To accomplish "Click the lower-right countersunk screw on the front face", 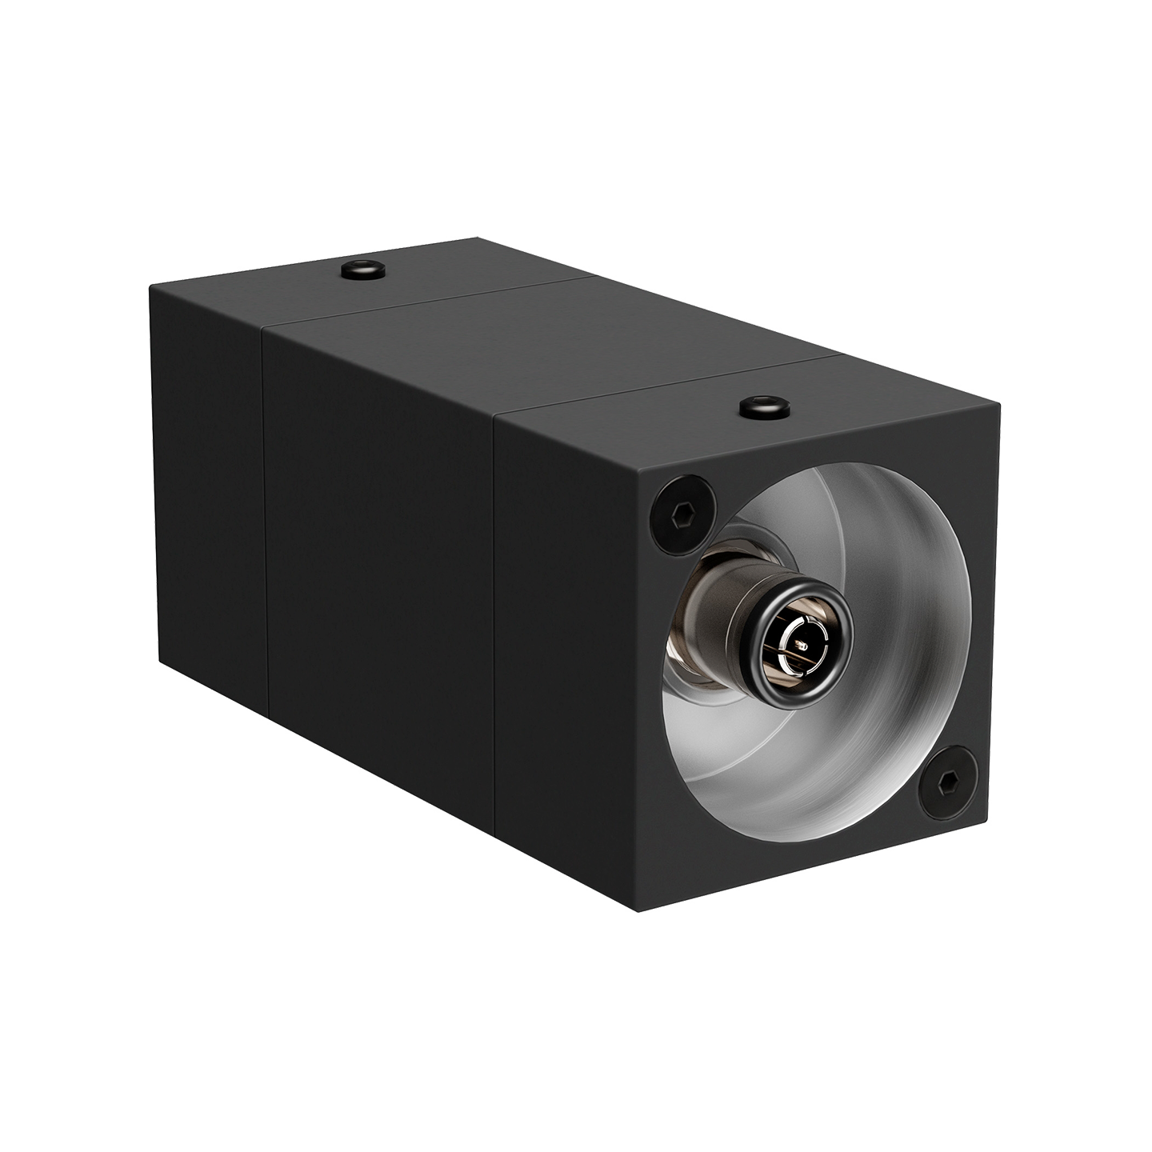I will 946,781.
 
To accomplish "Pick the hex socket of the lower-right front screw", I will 946,781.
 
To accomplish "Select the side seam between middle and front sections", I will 495,624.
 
